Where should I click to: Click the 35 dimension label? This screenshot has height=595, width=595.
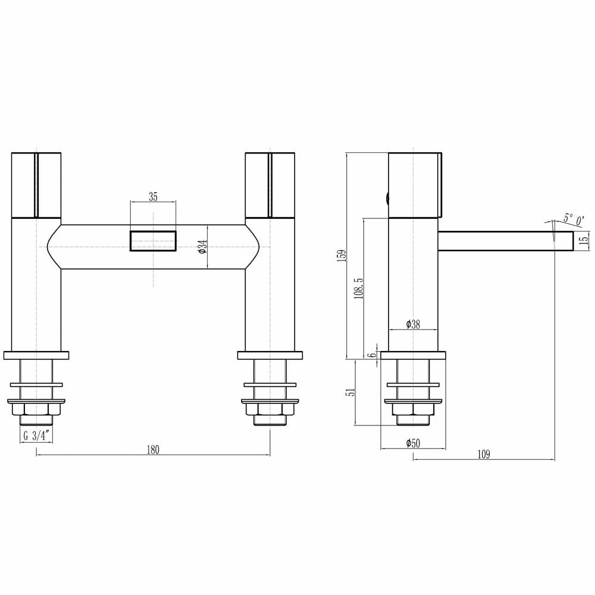point(153,197)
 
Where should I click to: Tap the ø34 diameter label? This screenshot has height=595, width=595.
point(203,247)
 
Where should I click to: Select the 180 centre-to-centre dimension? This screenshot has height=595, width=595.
point(153,450)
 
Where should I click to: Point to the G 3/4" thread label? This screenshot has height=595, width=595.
point(36,436)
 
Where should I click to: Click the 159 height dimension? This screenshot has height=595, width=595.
point(342,256)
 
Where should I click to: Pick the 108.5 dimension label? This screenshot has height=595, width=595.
point(359,288)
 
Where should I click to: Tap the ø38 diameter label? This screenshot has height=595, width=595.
point(413,324)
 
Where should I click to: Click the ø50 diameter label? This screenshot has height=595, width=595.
point(413,443)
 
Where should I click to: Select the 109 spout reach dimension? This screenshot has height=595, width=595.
point(483,454)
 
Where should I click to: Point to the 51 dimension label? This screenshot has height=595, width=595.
point(352,392)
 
